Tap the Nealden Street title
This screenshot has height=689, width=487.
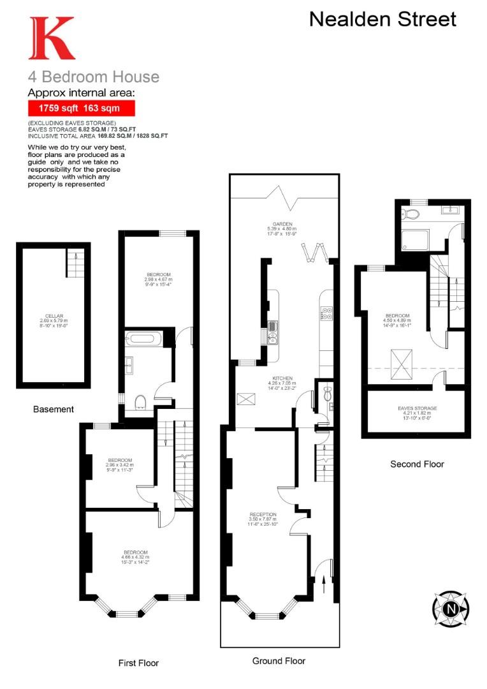coord(382,19)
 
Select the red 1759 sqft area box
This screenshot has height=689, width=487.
coord(81,108)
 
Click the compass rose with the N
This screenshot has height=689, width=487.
coord(451,608)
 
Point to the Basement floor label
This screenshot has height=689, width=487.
coord(54,409)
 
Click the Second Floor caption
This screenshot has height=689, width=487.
coord(417,464)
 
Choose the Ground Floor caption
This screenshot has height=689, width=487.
coord(279,661)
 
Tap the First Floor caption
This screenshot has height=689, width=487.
coord(138,663)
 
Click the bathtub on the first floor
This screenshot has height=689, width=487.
coord(145,339)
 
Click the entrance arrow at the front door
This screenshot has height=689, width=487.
coord(325,579)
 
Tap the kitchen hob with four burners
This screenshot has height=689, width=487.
coord(325,313)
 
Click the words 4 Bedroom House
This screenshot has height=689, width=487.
coord(93,77)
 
